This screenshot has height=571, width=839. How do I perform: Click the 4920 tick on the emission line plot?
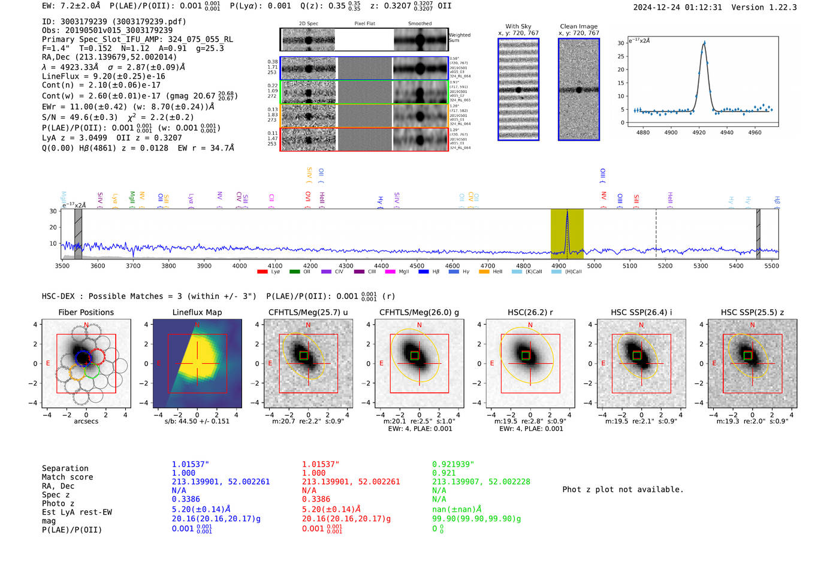point(699,132)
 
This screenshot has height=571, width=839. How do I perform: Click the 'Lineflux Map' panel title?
point(197,312)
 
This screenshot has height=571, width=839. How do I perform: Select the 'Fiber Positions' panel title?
point(86,312)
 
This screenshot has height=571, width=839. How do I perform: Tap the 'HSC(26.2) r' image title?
point(530,312)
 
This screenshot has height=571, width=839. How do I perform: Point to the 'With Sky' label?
point(518,26)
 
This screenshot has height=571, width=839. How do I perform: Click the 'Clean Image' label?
point(578,26)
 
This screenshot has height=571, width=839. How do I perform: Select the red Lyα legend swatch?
point(262,272)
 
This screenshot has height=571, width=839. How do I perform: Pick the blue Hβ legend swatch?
point(424,272)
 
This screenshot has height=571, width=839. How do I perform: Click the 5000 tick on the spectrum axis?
point(594,266)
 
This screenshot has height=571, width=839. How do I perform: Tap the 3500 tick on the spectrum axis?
point(62,266)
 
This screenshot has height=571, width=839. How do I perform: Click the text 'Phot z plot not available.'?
point(623,490)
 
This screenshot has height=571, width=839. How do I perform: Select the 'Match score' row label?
point(67,477)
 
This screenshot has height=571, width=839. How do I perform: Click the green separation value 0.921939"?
point(453,464)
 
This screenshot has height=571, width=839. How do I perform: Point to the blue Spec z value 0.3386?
point(186,499)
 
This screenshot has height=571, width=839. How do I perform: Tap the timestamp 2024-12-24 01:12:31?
point(677,7)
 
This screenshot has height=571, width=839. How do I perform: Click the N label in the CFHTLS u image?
point(308,325)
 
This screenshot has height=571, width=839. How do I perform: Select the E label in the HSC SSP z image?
point(714,364)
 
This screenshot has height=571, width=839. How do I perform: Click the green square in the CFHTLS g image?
point(415,355)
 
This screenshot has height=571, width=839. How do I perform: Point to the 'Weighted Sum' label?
point(460,38)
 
